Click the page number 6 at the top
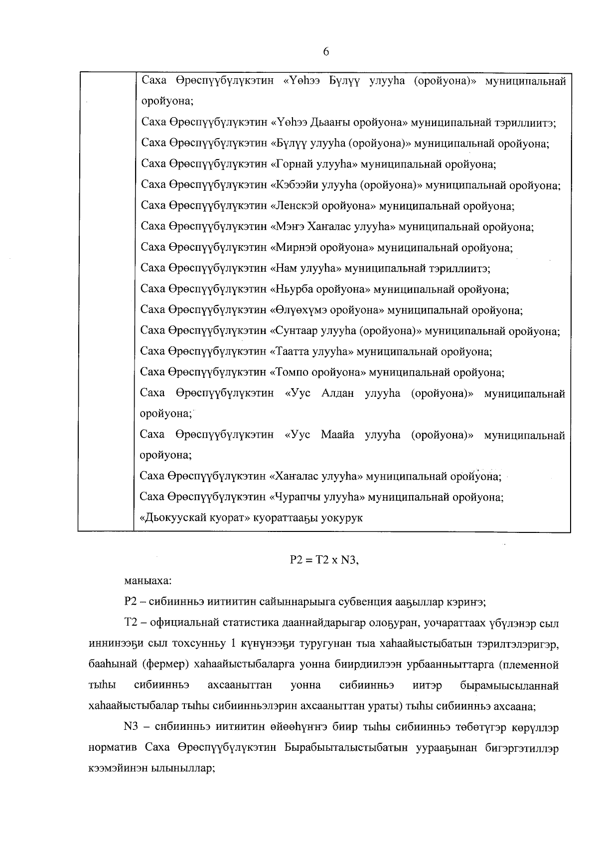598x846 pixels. (326, 52)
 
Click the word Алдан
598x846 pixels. (338, 393)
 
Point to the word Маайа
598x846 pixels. (338, 435)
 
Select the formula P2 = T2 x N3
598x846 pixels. (324, 560)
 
